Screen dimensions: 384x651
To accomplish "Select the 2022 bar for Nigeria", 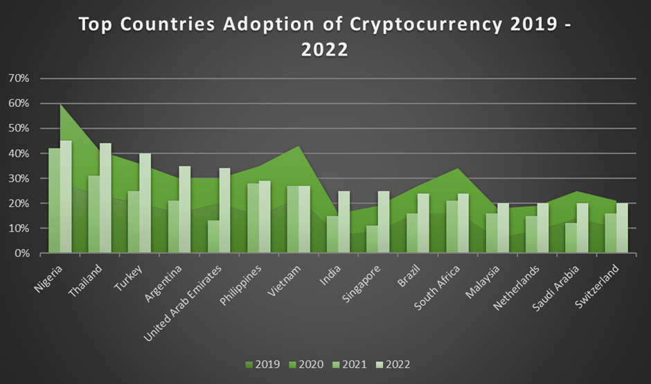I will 65,198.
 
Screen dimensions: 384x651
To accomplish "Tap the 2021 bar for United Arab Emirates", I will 213,237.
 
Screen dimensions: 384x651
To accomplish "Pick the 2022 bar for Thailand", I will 105,198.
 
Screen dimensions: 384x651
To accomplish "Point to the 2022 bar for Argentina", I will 184,210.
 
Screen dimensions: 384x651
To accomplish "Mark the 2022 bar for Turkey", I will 145,204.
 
